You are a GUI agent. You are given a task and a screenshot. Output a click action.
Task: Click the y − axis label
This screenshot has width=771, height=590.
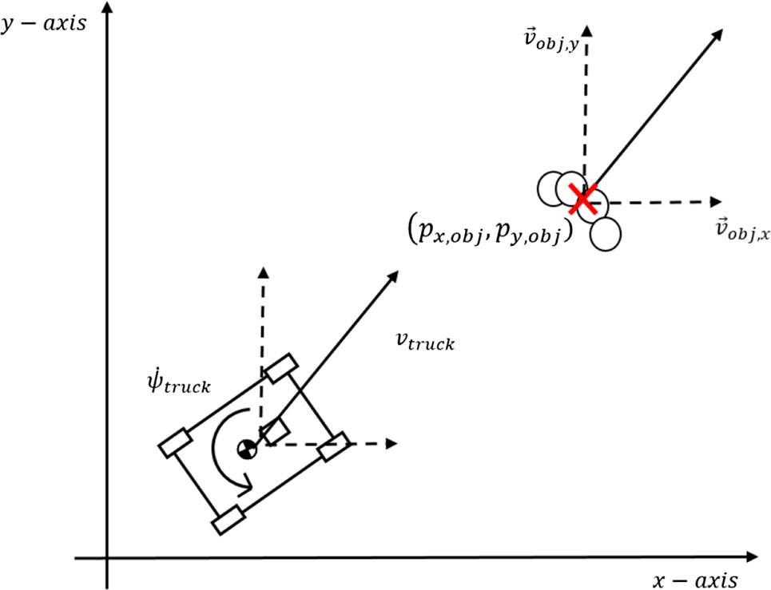point(43,24)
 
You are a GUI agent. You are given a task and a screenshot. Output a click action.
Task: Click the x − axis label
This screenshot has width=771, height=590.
point(695,580)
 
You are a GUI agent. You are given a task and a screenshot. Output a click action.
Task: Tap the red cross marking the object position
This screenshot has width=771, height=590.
point(583,199)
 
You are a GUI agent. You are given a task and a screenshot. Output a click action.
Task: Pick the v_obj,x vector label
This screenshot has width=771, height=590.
point(742,230)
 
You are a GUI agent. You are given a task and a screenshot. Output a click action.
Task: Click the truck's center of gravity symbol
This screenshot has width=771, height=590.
point(247,449)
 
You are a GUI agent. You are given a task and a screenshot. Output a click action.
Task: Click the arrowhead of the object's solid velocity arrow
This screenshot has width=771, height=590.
point(717,35)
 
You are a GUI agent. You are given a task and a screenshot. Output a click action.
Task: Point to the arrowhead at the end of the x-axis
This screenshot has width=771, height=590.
point(752,557)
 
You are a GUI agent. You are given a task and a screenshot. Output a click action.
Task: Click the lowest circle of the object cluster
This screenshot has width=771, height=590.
point(606,235)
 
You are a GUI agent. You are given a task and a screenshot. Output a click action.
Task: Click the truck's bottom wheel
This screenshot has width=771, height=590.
point(229,520)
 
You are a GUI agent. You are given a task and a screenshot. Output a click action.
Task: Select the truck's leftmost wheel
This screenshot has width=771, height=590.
point(175,442)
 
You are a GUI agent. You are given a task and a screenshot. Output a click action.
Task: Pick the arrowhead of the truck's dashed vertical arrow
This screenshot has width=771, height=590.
point(264,273)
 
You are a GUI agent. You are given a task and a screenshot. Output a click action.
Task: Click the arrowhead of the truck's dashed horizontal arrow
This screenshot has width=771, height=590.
point(391,444)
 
